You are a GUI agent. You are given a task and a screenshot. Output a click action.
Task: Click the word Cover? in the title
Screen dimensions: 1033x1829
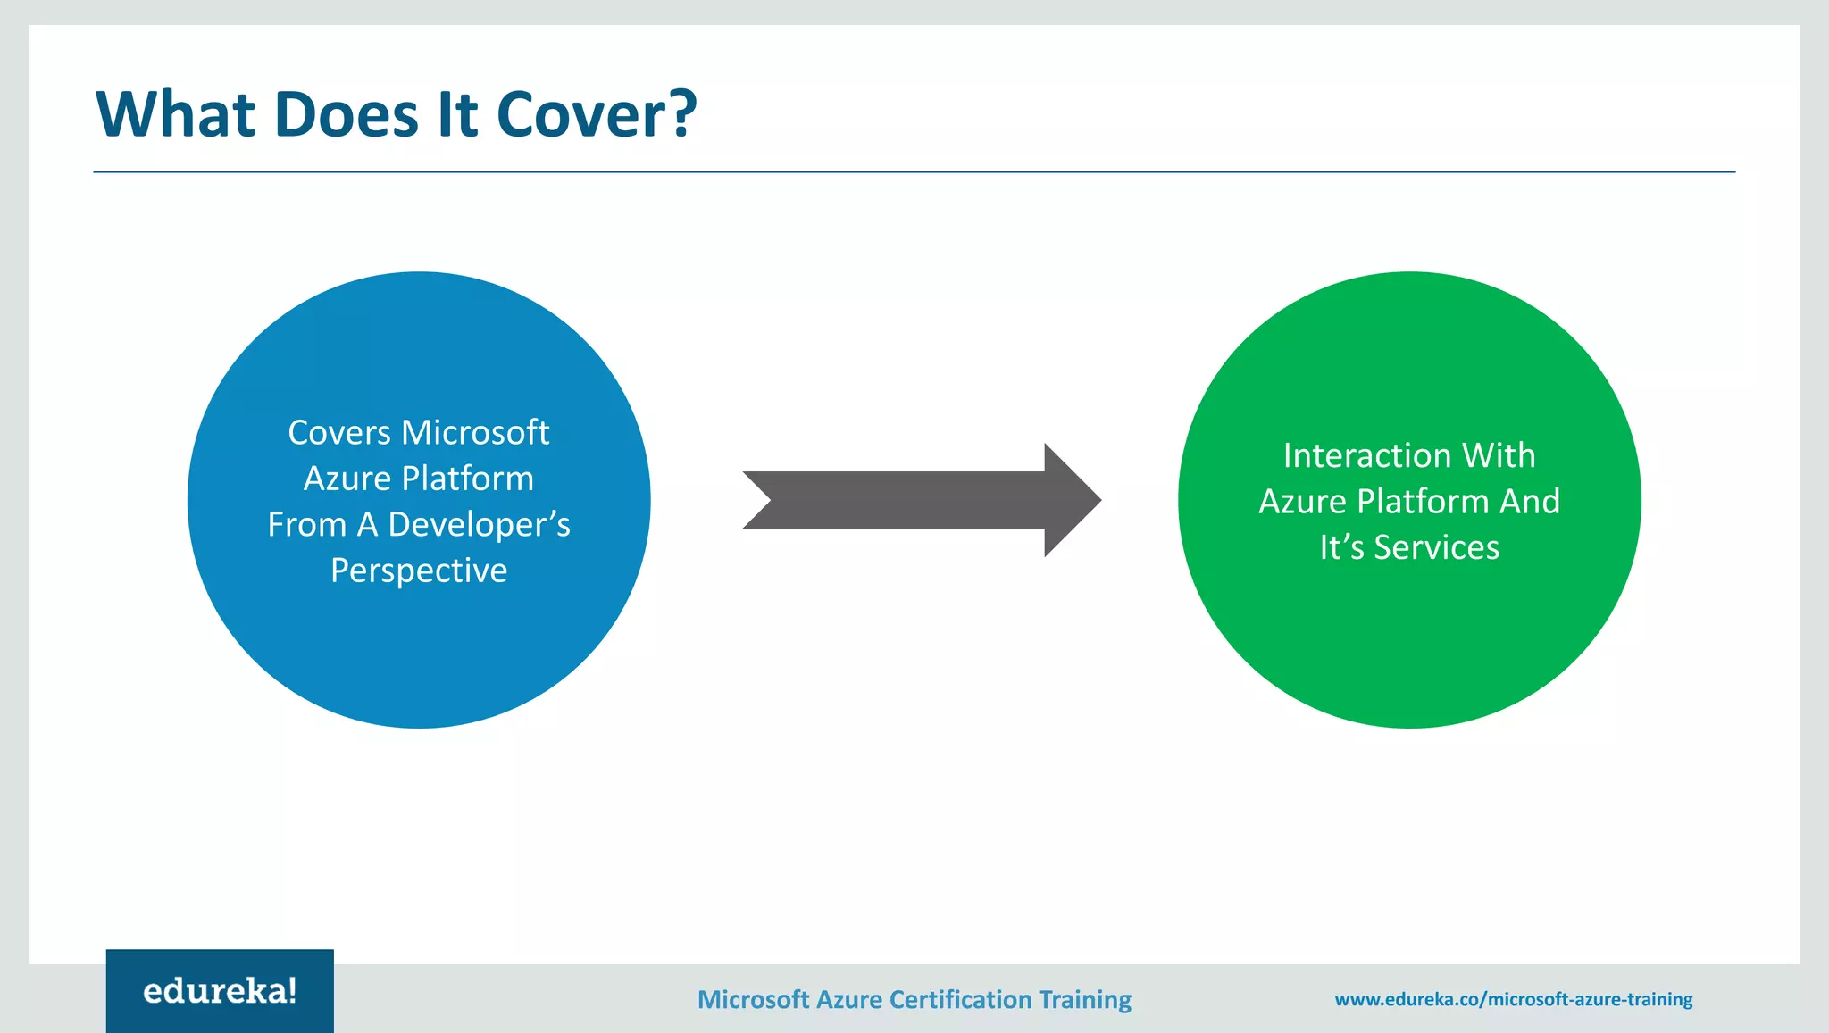tap(596, 114)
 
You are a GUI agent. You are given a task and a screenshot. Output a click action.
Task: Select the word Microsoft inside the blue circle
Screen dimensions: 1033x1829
tap(475, 432)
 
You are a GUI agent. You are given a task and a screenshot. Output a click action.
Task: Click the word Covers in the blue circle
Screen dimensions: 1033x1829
tap(339, 432)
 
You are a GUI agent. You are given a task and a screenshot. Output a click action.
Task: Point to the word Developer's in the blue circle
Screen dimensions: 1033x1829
tap(479, 524)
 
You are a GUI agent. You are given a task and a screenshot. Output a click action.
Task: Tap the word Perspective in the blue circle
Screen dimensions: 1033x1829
tap(419, 571)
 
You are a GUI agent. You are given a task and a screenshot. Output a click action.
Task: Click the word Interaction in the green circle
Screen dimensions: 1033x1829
tap(1366, 455)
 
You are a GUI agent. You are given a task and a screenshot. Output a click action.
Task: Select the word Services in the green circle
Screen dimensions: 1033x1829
tap(1436, 547)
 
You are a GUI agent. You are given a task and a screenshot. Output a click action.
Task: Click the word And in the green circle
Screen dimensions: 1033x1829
tap(1530, 502)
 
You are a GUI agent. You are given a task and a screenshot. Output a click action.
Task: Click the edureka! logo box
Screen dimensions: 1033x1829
tap(220, 991)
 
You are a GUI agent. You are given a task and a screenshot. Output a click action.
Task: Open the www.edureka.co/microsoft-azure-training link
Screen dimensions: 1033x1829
tap(1513, 999)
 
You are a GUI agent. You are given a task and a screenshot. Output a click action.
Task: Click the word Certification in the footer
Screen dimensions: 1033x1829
tap(961, 999)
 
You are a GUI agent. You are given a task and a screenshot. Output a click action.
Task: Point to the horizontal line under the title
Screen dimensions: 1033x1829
tap(914, 172)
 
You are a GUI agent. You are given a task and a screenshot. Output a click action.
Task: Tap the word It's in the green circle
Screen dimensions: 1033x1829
tap(1341, 547)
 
